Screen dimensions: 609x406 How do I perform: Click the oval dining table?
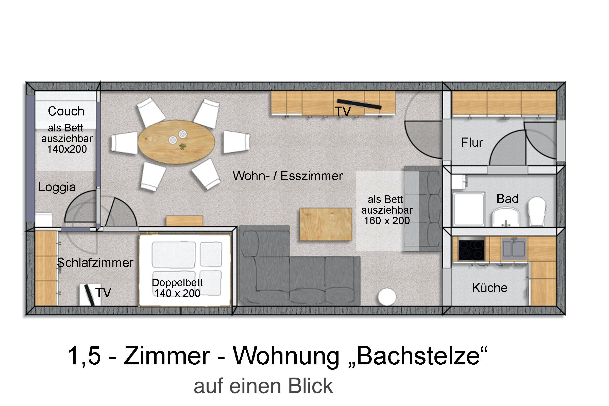(176, 142)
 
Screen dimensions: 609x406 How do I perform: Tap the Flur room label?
(472, 142)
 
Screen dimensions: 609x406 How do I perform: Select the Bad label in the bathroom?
(507, 199)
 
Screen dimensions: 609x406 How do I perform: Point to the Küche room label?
(490, 288)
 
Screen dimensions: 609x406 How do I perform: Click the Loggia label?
(57, 187)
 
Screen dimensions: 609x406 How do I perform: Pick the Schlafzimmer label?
(95, 263)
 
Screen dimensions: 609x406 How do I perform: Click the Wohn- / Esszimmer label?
(288, 176)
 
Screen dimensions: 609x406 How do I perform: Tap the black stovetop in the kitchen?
(471, 250)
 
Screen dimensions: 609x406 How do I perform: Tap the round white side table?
(387, 297)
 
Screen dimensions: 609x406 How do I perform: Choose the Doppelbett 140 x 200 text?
(177, 288)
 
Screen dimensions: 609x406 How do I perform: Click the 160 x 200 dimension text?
(387, 221)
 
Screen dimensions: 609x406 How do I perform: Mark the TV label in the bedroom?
(103, 292)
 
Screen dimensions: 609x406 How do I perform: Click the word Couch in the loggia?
(66, 111)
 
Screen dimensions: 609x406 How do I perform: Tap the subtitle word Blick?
(310, 386)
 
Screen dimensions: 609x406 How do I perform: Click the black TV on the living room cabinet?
(359, 104)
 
